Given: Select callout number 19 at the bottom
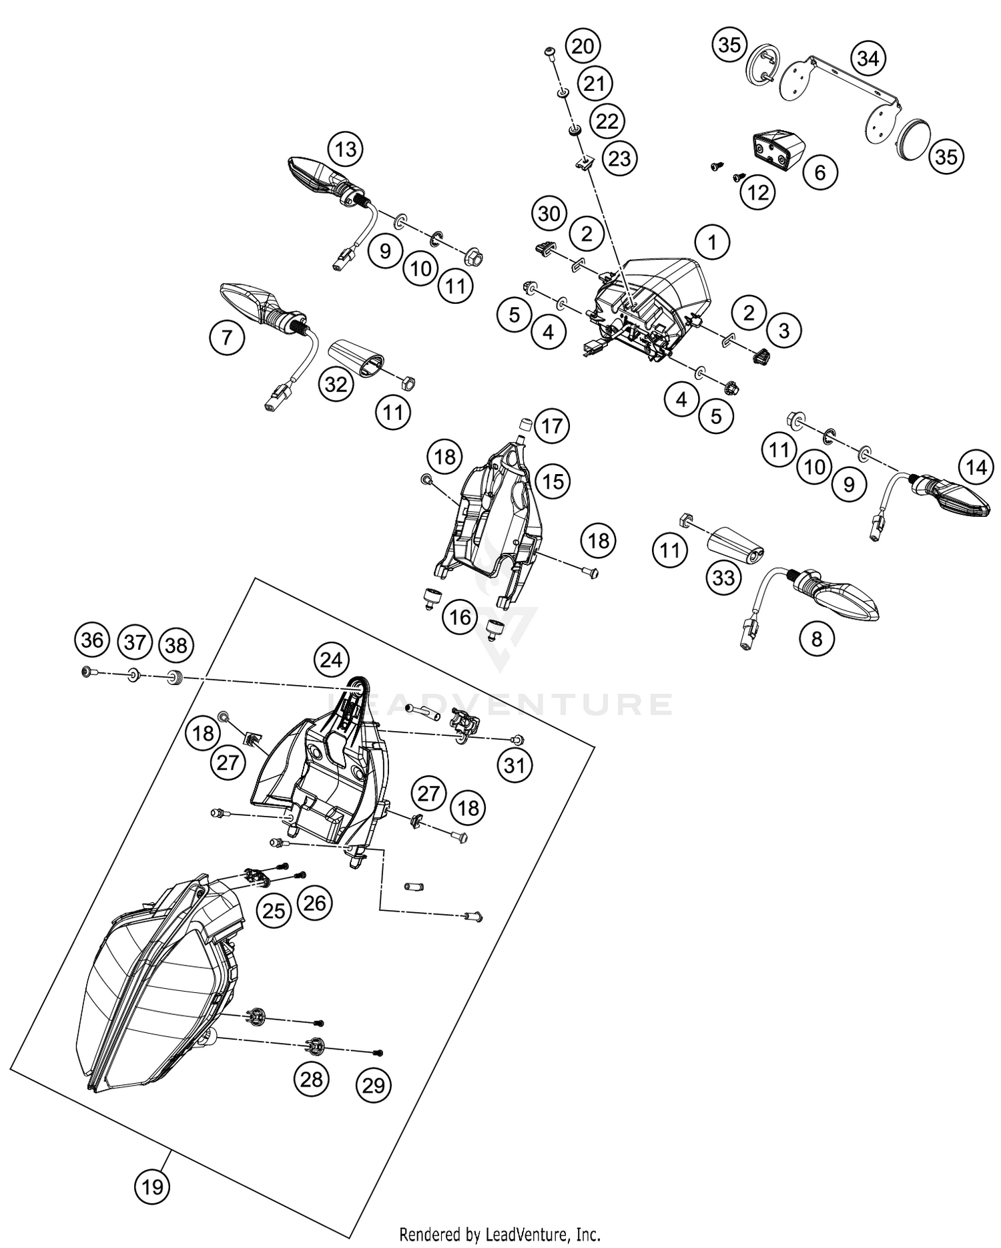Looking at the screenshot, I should pyautogui.click(x=152, y=1187).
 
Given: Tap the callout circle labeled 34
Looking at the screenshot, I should pyautogui.click(x=868, y=59).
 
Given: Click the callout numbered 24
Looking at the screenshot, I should pyautogui.click(x=331, y=660).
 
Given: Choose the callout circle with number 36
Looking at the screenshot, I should pyautogui.click(x=91, y=640).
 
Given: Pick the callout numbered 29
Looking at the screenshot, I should pyautogui.click(x=374, y=1085).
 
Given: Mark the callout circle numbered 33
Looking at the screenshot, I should pyautogui.click(x=723, y=577).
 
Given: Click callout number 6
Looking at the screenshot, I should pyautogui.click(x=819, y=172).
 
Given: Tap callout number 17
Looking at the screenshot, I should pyautogui.click(x=552, y=425).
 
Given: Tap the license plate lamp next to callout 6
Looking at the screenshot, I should pyautogui.click(x=778, y=151).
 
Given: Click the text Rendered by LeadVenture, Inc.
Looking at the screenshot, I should pyautogui.click(x=500, y=1234).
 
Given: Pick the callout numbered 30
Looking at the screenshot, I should pyautogui.click(x=549, y=214).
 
